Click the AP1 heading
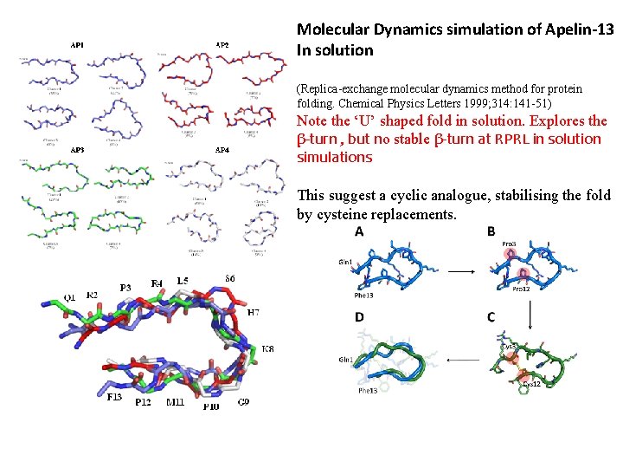point(77,45)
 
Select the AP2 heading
point(222,45)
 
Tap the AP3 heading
point(77,151)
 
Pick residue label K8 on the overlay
point(268,349)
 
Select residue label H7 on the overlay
point(254,312)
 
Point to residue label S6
point(228,278)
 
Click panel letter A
point(358,233)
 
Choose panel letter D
point(358,317)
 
